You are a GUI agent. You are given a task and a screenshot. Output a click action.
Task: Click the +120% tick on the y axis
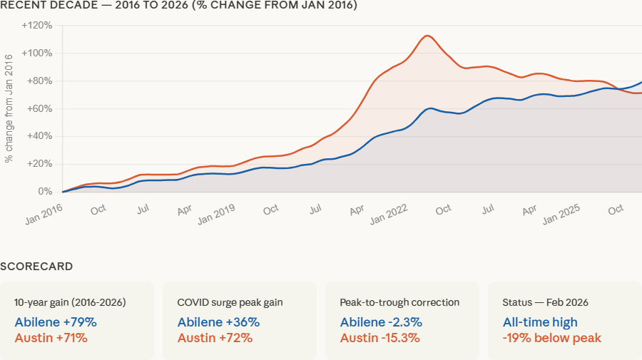[36, 26]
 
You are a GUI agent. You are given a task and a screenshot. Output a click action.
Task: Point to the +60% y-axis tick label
[39, 108]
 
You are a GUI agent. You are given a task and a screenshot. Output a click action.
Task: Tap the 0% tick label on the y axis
[45, 192]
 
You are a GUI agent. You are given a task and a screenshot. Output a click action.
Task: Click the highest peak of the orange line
[427, 36]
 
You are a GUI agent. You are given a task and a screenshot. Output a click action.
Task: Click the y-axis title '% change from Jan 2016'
[9, 108]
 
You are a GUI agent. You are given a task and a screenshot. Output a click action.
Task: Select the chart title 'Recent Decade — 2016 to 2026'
[178, 6]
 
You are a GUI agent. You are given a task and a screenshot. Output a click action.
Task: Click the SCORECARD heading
[36, 267]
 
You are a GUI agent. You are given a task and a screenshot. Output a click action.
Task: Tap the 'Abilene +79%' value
[56, 322]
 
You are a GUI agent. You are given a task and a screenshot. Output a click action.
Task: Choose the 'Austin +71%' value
[51, 338]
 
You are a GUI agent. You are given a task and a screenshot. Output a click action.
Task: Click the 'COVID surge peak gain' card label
[230, 302]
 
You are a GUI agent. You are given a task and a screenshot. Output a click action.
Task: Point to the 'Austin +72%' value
[215, 338]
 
